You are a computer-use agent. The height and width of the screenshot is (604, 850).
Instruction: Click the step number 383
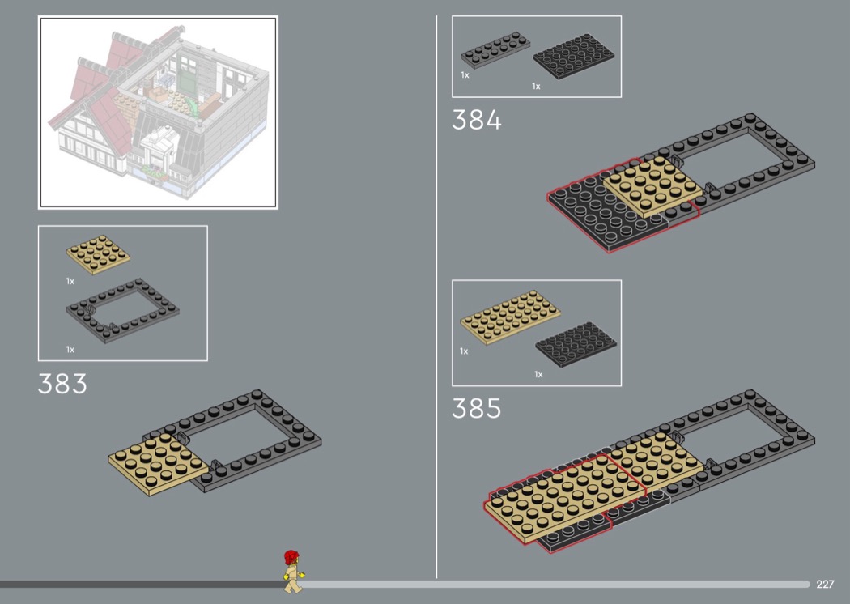(x=62, y=384)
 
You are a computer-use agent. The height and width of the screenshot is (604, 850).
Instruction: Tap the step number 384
(x=477, y=121)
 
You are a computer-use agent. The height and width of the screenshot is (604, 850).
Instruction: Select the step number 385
(x=477, y=409)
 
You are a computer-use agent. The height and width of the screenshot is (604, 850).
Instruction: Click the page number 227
(x=825, y=584)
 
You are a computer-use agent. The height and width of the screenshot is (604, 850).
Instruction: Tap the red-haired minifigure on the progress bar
(x=292, y=570)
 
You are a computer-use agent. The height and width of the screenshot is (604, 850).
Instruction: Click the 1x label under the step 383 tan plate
(x=70, y=282)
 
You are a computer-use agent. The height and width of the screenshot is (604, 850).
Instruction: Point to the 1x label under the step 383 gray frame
(x=70, y=350)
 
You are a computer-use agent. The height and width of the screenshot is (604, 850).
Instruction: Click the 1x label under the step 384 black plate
(x=536, y=86)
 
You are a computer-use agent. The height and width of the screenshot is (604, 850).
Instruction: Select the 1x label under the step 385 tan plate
(x=464, y=351)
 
